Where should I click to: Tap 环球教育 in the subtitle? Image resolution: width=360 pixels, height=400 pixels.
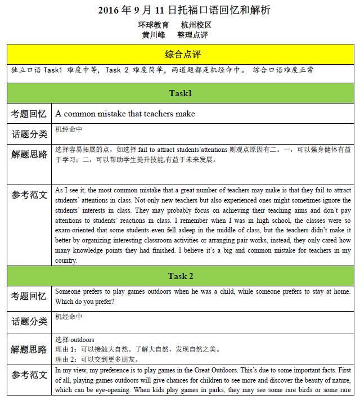tap(153, 25)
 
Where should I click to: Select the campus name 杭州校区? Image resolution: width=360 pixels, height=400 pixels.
tap(196, 25)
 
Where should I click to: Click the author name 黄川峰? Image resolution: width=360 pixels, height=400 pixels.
tap(153, 35)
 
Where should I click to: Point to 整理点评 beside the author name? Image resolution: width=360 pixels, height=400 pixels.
tap(192, 35)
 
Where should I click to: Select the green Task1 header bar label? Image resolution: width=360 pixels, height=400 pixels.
tap(181, 93)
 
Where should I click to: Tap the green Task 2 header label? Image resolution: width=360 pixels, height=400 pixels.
tap(181, 276)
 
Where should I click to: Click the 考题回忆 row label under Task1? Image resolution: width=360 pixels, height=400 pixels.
tap(29, 114)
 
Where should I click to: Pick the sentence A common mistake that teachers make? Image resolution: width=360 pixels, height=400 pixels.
tap(125, 114)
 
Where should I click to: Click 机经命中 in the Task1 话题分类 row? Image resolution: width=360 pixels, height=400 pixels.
tap(69, 129)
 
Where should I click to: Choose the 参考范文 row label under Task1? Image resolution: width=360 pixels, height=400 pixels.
tap(29, 195)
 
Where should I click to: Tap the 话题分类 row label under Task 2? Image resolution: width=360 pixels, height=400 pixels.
tap(29, 321)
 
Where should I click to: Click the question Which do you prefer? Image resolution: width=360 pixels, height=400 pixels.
tap(85, 301)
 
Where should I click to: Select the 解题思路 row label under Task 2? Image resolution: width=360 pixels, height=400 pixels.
tap(29, 350)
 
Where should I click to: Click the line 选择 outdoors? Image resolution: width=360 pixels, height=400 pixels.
tap(75, 340)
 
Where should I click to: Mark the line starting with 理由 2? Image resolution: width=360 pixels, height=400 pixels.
tap(97, 359)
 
